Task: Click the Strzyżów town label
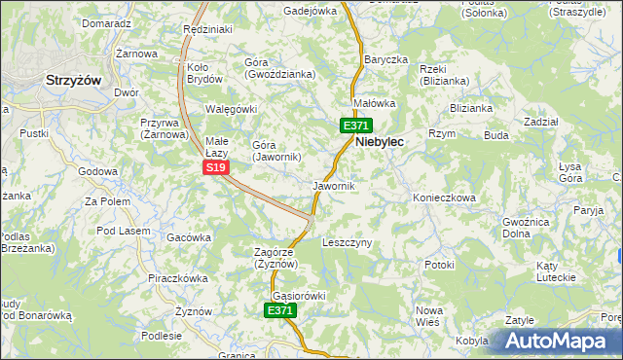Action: tap(74, 82)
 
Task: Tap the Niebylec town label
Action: tap(380, 141)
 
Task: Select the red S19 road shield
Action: tap(216, 168)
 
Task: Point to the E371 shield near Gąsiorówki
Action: tap(279, 310)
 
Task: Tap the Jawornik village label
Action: tap(333, 185)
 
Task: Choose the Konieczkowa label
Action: tap(443, 198)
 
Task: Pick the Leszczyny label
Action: tap(347, 242)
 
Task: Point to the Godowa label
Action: tap(97, 171)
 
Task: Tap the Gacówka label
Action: tap(189, 237)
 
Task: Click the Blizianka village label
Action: tap(472, 108)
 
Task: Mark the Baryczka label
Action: tap(385, 59)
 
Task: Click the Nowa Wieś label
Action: tap(428, 314)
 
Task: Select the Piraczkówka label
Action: tap(178, 278)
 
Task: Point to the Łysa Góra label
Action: tap(570, 172)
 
